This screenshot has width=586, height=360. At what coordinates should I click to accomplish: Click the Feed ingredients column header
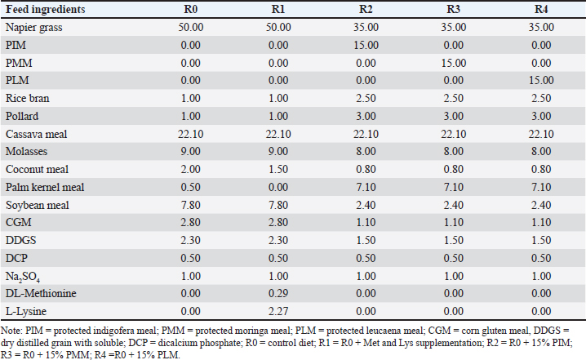coord(45,9)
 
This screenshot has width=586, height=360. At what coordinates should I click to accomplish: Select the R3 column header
coord(453,9)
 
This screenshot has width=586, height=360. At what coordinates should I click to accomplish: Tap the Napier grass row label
coord(33,27)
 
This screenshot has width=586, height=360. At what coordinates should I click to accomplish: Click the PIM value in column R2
coord(366,45)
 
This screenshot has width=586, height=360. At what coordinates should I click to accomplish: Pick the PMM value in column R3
coord(453,63)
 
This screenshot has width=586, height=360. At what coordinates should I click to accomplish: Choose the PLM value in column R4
coord(541,80)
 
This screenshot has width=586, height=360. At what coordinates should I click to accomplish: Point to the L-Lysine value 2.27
coord(278,311)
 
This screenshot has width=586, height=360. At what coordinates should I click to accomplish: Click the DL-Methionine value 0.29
coord(278,293)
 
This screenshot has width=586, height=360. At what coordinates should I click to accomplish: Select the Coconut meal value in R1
coord(278,169)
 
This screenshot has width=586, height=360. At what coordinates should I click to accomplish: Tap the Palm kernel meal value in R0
coord(191,187)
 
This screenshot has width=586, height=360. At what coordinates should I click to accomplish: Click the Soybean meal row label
coord(37,205)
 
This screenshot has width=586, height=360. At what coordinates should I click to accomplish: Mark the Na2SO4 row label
coord(22,277)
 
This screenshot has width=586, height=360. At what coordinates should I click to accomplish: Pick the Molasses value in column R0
coord(191,151)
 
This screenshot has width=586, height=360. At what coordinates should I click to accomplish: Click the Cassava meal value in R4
coord(541,134)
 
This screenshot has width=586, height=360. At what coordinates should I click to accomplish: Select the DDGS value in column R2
coord(366,240)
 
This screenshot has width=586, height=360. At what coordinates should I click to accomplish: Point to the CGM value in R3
coord(453,222)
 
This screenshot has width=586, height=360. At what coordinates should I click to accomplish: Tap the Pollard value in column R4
coord(541,116)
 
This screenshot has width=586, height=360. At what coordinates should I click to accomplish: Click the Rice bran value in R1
coord(278,98)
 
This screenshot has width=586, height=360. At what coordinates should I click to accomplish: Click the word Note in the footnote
coord(11,331)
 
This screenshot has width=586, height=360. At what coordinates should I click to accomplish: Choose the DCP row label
coord(16,258)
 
